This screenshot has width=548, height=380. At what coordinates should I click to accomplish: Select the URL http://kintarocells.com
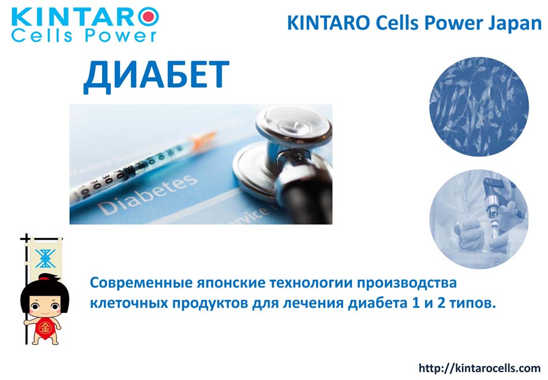[479, 368]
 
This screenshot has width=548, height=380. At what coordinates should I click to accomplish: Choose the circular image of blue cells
[479, 106]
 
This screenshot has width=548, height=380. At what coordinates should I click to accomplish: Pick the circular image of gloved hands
[479, 219]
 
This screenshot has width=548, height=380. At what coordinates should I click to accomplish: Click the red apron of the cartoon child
[45, 328]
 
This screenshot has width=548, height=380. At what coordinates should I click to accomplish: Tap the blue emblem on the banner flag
[45, 259]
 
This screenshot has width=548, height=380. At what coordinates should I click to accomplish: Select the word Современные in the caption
[141, 283]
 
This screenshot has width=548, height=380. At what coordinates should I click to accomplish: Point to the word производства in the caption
[407, 284]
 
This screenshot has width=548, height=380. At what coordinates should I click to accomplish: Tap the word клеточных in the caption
[129, 303]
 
